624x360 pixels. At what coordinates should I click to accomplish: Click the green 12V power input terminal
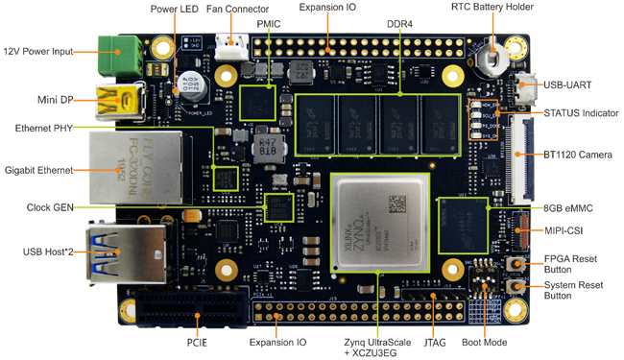coord(120,51)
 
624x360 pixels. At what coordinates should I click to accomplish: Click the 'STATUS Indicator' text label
coord(580,113)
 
